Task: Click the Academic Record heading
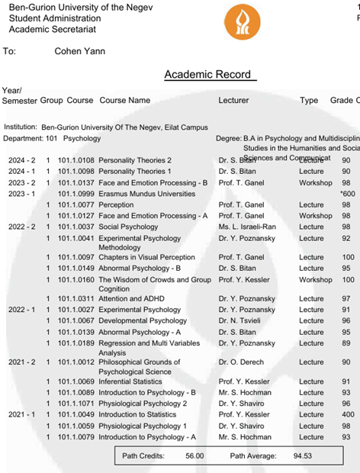pyautogui.click(x=210, y=74)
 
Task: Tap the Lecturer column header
pyautogui.click(x=233, y=101)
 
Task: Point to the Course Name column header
pyautogui.click(x=125, y=101)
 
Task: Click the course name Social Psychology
pyautogui.click(x=128, y=227)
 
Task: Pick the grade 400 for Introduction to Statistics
pyautogui.click(x=346, y=414)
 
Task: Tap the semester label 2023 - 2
pyautogui.click(x=22, y=183)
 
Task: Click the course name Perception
pyautogui.click(x=116, y=205)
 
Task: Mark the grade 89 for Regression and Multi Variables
pyautogui.click(x=346, y=343)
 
